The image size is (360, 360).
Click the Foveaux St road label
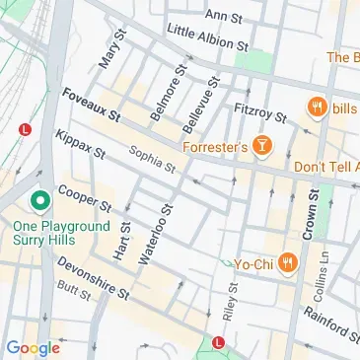pos(90,106)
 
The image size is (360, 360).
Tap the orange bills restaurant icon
pos(317,107)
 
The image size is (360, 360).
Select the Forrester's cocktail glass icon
pos(262,148)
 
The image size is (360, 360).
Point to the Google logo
pos(33,347)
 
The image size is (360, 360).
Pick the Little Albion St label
pos(207,39)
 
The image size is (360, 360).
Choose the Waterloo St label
pos(157,235)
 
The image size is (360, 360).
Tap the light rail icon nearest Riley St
pos(218,344)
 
